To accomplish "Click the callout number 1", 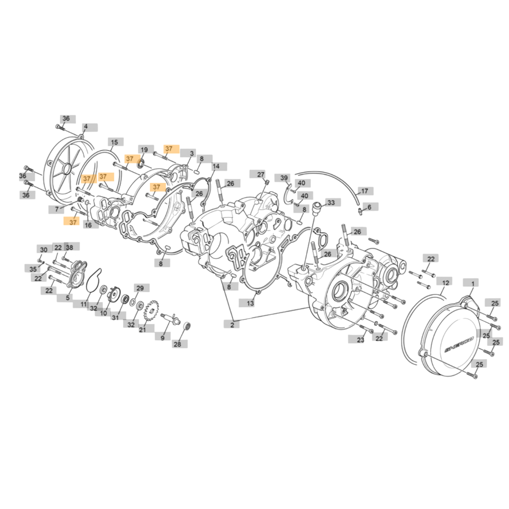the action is tap(473, 284).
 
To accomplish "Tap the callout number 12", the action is tap(446, 283).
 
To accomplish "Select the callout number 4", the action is tap(86, 126).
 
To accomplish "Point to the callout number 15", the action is tap(115, 142).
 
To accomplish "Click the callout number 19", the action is tap(144, 150).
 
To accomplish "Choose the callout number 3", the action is tap(192, 153).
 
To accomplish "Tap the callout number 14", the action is tap(216, 166).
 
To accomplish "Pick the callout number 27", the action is tap(261, 174).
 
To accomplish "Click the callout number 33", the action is tap(331, 203).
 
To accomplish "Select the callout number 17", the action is tap(364, 191).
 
